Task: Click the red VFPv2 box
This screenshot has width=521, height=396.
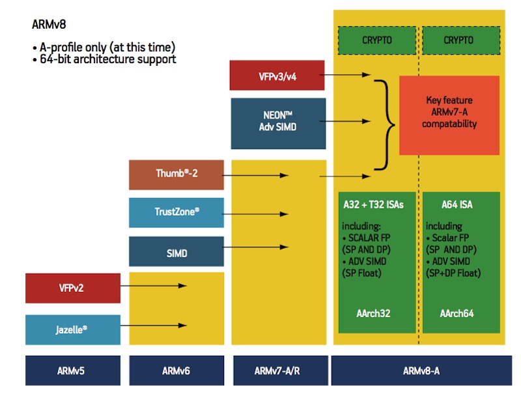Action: click(73, 288)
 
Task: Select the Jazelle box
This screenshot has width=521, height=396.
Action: click(73, 330)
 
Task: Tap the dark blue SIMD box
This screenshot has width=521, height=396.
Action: click(176, 252)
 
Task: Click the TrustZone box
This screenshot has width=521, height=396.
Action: click(176, 212)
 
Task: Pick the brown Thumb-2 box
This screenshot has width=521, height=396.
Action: click(176, 174)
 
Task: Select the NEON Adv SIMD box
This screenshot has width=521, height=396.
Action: click(277, 122)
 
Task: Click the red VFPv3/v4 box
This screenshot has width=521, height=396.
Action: click(277, 75)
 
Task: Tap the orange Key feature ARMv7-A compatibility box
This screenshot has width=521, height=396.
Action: click(449, 115)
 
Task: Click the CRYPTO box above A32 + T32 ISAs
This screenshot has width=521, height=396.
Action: click(377, 40)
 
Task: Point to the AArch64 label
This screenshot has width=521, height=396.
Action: click(457, 313)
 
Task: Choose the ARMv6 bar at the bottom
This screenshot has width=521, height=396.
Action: click(175, 371)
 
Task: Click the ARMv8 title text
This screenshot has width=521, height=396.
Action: click(48, 24)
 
